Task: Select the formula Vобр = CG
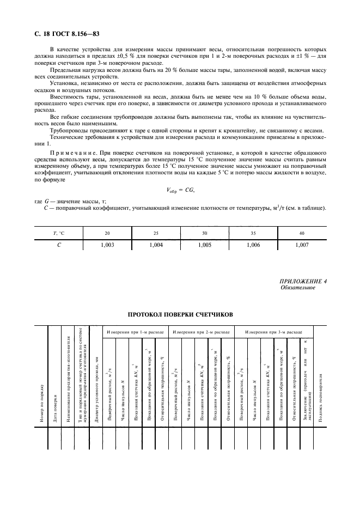[179, 190]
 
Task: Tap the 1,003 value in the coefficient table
[107, 246]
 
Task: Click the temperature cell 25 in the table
[156, 233]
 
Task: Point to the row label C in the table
[58, 246]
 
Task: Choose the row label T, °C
[58, 233]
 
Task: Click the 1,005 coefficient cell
[204, 246]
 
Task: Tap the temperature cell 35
[252, 233]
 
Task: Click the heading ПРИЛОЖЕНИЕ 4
[303, 281]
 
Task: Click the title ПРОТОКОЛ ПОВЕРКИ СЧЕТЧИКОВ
[180, 315]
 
